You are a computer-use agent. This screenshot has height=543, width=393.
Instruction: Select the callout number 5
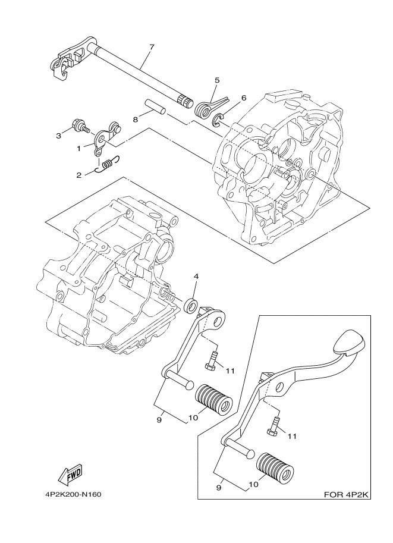click(x=217, y=80)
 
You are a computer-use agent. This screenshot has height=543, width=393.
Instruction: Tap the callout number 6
click(x=243, y=98)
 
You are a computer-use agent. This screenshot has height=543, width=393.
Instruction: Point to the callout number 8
click(x=135, y=120)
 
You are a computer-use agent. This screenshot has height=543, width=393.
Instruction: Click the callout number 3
click(x=59, y=136)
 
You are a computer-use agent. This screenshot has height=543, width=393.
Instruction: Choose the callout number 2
click(x=78, y=176)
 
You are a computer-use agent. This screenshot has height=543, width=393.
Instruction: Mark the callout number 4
click(x=196, y=277)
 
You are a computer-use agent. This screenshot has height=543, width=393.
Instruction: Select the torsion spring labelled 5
click(x=206, y=106)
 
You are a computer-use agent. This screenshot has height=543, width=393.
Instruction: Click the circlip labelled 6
click(x=219, y=120)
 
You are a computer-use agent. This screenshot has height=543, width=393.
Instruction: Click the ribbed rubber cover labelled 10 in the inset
click(x=275, y=468)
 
